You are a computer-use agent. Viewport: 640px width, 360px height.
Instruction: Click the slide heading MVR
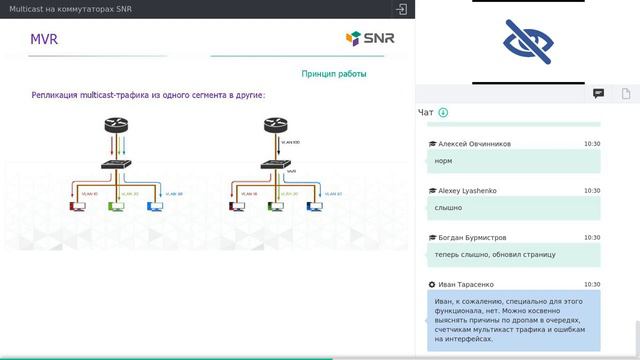point(44,39)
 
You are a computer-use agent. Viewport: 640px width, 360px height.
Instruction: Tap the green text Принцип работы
point(333,74)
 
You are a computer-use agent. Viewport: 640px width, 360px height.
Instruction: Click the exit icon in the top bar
point(400,9)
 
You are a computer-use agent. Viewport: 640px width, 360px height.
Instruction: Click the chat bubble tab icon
point(598,94)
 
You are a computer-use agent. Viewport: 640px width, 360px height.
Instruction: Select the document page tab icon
point(626,94)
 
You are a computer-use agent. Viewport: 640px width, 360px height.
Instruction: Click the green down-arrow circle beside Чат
point(443,113)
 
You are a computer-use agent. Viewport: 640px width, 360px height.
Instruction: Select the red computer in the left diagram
point(76,207)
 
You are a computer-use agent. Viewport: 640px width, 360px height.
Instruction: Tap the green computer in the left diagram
point(115,207)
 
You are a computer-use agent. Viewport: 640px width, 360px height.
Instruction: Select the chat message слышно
point(449,207)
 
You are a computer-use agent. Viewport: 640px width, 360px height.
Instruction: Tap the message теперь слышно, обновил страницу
point(495,254)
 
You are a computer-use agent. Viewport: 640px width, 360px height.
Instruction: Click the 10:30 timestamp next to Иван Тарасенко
point(592,284)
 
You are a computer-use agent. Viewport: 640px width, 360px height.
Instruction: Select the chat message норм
point(445,160)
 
